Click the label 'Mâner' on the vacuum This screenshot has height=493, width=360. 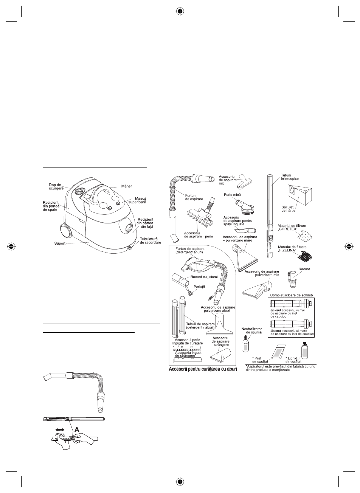point(126,186)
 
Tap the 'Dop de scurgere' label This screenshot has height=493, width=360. point(56,187)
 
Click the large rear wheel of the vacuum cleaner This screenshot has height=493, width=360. point(66,231)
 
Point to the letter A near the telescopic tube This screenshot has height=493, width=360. point(77,429)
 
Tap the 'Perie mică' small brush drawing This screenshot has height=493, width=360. point(244,207)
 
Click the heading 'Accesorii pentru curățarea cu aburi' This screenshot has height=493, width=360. point(203,369)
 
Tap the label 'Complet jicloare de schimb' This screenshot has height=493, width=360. point(291,295)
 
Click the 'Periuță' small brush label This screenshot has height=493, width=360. point(199,287)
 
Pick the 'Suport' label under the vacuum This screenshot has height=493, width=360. point(60,243)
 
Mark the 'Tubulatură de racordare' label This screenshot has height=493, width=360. point(151,240)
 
